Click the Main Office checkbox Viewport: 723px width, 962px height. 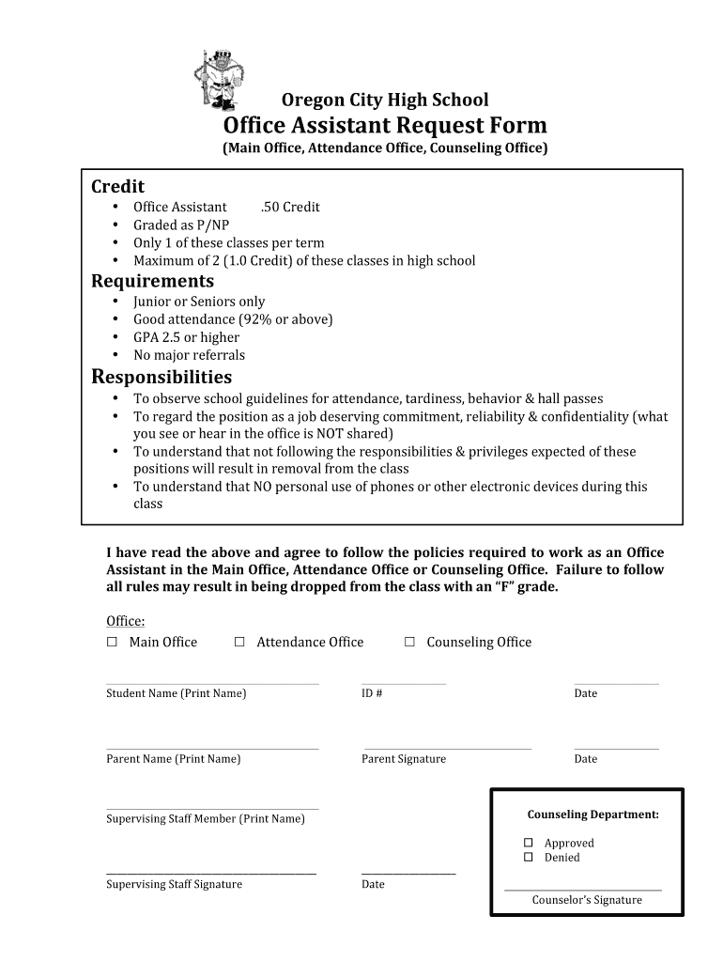coord(112,642)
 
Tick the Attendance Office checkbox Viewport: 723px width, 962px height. coord(239,642)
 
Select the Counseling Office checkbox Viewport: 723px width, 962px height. coord(409,642)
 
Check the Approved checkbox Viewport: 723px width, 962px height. coord(529,843)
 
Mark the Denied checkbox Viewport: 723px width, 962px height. coord(529,857)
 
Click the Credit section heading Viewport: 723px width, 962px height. coord(117,186)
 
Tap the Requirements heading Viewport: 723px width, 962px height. coord(152,281)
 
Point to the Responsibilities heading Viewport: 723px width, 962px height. coord(162,377)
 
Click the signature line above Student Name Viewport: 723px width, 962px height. coord(212,683)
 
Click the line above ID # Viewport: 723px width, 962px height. coord(404,683)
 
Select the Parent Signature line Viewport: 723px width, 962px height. coord(447,749)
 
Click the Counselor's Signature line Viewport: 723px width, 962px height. coord(582,889)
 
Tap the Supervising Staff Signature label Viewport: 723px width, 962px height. coord(174,884)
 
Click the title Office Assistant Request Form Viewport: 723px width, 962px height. coord(385,126)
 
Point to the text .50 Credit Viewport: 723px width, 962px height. coord(290,207)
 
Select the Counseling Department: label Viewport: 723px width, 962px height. coord(592,815)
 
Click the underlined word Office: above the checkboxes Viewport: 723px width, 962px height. coord(125,621)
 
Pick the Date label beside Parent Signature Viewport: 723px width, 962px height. coord(585,759)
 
